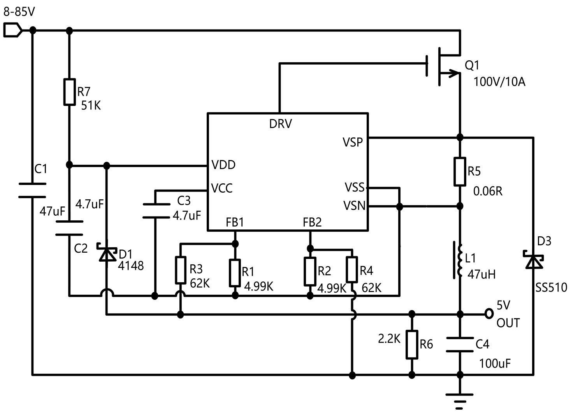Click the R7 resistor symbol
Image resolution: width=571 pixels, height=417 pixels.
(69, 92)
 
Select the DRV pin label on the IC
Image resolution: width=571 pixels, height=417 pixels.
(280, 124)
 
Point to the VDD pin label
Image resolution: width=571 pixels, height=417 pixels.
(223, 165)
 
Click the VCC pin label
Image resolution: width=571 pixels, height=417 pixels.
(222, 188)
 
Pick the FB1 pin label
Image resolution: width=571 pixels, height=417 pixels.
(235, 222)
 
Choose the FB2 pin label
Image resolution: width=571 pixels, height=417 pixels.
(312, 222)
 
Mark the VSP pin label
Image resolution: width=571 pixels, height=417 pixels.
(353, 142)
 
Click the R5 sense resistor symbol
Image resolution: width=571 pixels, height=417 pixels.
(460, 171)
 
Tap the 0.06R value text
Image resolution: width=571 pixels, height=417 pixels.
(488, 191)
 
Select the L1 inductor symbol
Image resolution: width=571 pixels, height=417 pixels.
(458, 260)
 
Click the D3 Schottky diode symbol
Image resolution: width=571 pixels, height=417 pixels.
(533, 260)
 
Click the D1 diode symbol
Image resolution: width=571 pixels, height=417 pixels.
(107, 254)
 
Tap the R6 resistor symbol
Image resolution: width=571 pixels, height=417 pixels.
(412, 344)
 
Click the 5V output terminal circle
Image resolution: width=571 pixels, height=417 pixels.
(489, 313)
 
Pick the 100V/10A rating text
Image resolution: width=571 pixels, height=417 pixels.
(499, 82)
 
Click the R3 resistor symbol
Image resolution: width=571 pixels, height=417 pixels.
(180, 270)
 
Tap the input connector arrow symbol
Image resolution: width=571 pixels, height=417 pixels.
(12, 30)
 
